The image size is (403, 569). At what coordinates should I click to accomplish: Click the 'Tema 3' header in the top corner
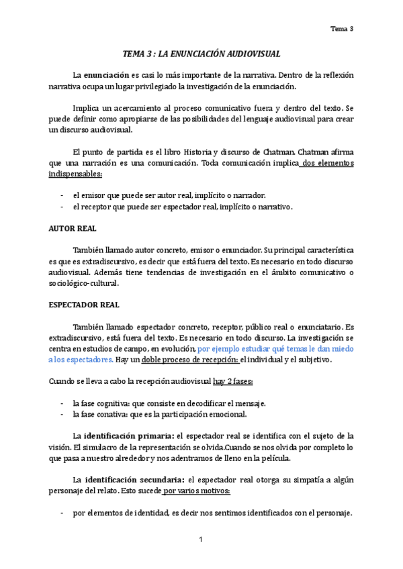click(x=343, y=28)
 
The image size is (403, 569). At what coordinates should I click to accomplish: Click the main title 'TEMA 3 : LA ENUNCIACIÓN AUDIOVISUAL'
click(x=201, y=52)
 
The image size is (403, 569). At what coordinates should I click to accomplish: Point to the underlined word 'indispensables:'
click(x=75, y=174)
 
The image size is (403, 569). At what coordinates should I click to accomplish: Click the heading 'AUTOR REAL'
click(x=69, y=228)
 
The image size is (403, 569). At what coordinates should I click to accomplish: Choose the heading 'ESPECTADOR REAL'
click(x=84, y=305)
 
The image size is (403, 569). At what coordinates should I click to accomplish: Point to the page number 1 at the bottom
click(x=201, y=540)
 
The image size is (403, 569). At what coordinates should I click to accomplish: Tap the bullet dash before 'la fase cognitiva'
click(x=62, y=403)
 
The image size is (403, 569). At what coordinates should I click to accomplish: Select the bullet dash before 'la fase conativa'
click(x=62, y=414)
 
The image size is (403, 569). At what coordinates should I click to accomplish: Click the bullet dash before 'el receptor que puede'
click(x=62, y=207)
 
